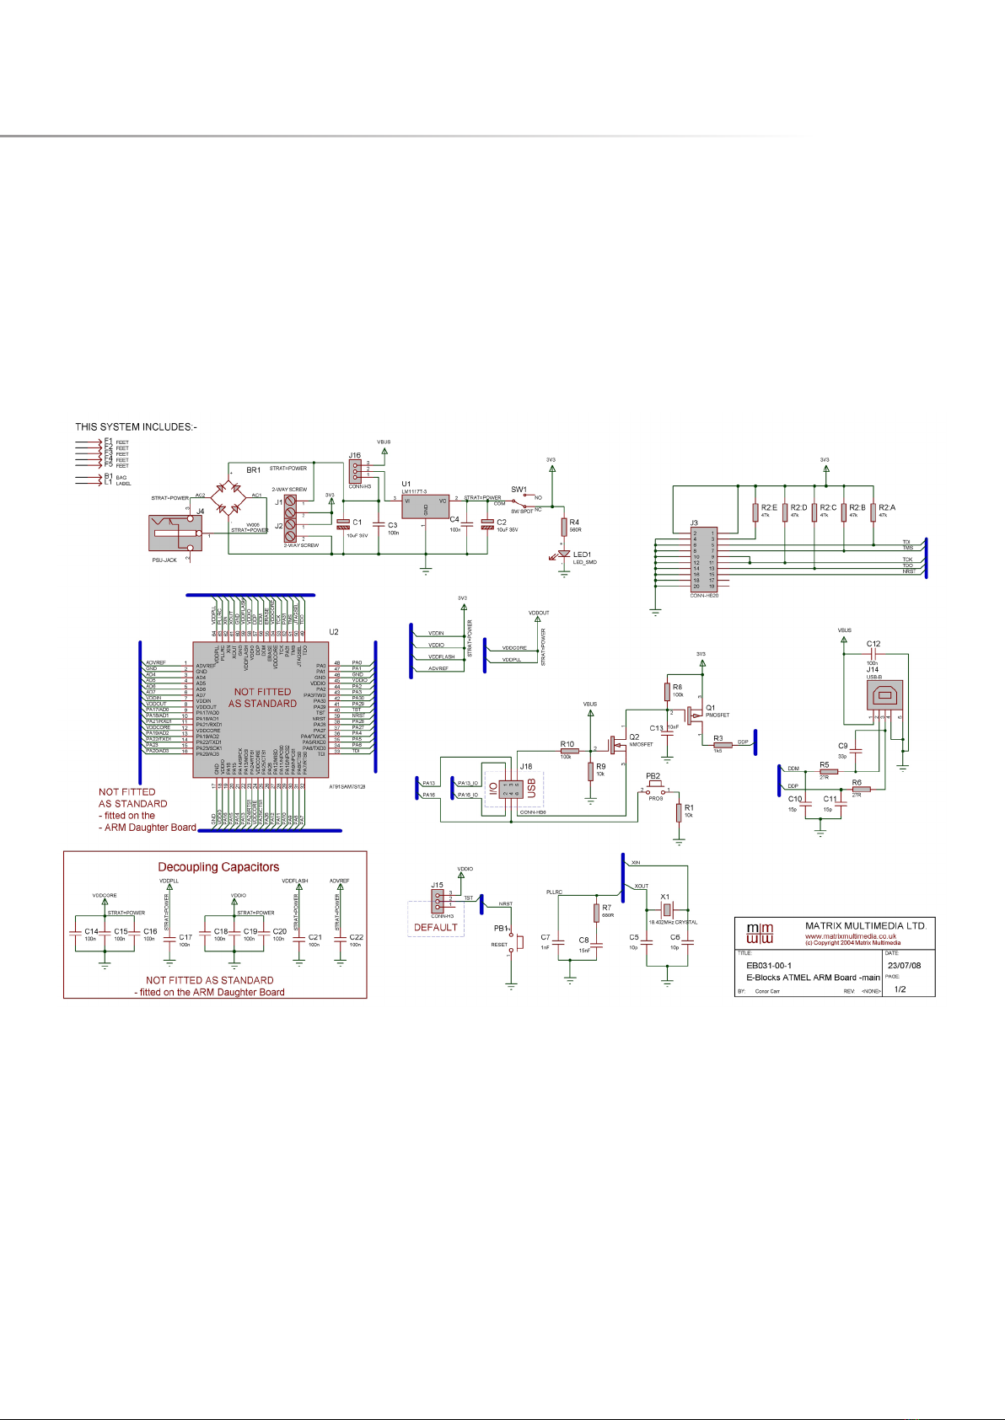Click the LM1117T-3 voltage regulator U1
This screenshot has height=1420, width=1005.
coord(426,506)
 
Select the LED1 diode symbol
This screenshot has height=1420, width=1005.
coord(564,555)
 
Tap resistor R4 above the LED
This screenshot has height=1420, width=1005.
coord(564,528)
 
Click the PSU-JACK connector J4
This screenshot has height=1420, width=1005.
coord(175,533)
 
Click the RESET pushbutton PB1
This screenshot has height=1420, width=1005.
coord(516,940)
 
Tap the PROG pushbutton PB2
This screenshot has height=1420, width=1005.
coord(654,791)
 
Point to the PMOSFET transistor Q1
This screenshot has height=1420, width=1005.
coord(695,715)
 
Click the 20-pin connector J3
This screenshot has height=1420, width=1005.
coord(704,560)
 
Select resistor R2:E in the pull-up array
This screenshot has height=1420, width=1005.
coord(755,512)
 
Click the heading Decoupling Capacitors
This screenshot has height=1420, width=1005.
coord(218,867)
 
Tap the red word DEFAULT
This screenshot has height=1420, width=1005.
coord(436,928)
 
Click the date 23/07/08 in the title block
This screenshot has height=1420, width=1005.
coord(904,966)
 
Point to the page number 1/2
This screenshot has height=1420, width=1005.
coord(900,989)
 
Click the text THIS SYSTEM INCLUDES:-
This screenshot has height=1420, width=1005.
coord(136,427)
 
